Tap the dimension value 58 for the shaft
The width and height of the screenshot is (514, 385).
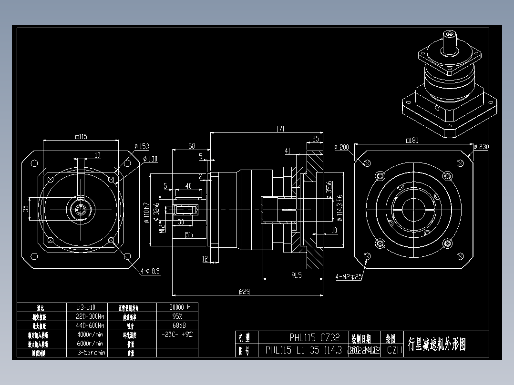pyautogui.click(x=192, y=146)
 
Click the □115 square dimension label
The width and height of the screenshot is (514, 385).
pyautogui.click(x=81, y=137)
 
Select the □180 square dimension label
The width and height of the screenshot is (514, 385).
pyautogui.click(x=411, y=140)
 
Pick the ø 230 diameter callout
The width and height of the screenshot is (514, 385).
pyautogui.click(x=481, y=147)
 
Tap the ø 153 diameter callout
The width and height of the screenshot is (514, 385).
pyautogui.click(x=142, y=147)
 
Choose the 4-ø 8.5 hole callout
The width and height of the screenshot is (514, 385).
pyautogui.click(x=150, y=271)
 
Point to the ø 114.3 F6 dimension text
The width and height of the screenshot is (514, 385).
pyautogui.click(x=340, y=208)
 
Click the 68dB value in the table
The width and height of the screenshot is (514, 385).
pyautogui.click(x=177, y=325)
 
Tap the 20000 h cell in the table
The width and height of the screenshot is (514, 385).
pyautogui.click(x=177, y=307)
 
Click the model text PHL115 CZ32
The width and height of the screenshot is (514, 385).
pyautogui.click(x=315, y=337)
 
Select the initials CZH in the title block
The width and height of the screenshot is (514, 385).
pyautogui.click(x=394, y=350)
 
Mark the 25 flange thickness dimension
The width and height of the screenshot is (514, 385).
pyautogui.click(x=316, y=139)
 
